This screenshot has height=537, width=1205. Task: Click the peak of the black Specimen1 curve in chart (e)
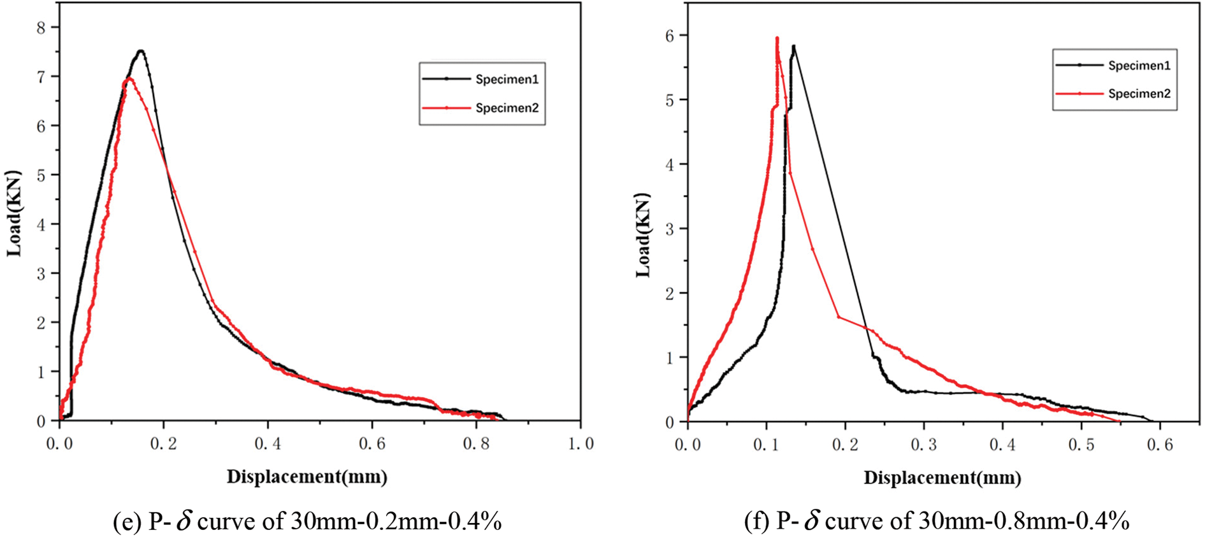(x=141, y=51)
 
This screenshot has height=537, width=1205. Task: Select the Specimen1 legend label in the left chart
(x=507, y=80)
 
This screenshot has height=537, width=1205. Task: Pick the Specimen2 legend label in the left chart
(x=507, y=108)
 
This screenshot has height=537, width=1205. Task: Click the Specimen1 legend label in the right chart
(x=1139, y=66)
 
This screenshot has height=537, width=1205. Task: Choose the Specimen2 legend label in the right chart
(x=1139, y=94)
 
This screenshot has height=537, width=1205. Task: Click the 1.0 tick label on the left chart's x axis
(x=580, y=444)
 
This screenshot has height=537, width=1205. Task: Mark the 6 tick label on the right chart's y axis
(x=670, y=36)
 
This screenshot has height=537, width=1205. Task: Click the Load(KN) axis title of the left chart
(x=14, y=213)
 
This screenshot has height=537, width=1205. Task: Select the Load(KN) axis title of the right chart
(x=643, y=235)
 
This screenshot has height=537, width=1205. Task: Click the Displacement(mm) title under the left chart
(x=307, y=476)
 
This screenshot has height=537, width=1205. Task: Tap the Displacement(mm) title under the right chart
(x=942, y=478)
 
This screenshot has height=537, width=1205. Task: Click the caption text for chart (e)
(x=307, y=522)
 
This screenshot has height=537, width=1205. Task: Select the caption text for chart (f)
(x=937, y=522)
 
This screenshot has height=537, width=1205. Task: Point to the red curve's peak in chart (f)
(x=777, y=38)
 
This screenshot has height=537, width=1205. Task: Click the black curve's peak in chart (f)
(x=793, y=46)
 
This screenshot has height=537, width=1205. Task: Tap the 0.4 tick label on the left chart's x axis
(x=268, y=444)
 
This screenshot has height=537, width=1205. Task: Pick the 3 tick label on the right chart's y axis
(x=670, y=229)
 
